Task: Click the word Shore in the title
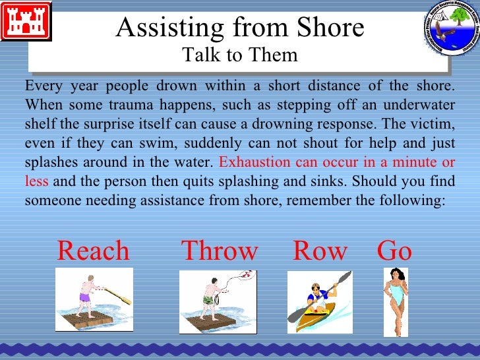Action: (x=328, y=28)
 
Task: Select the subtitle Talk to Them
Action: (x=240, y=56)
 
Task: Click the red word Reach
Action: (x=94, y=251)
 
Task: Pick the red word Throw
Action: (x=220, y=251)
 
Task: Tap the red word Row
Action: (x=320, y=251)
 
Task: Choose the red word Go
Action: (x=394, y=251)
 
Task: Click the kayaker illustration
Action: (x=319, y=302)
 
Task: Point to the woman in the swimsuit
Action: (x=396, y=300)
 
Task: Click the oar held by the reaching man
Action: (x=119, y=294)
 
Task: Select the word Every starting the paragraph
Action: (x=43, y=86)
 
